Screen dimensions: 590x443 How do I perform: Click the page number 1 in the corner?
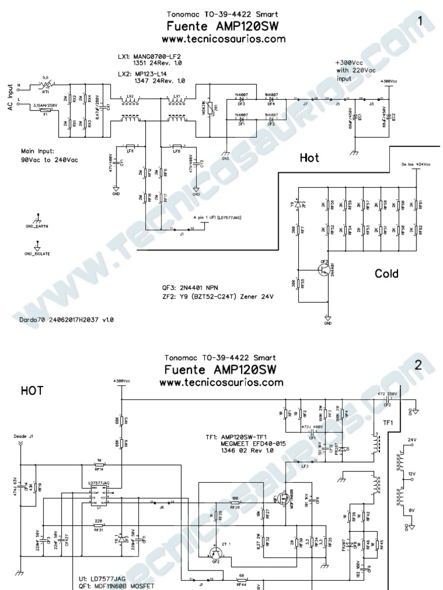tap(422, 22)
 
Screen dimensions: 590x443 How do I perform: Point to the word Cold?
tap(386, 273)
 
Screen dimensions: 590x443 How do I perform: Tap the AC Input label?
tap(10, 100)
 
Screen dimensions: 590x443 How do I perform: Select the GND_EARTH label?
tap(36, 226)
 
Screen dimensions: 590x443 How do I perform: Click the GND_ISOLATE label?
tap(37, 254)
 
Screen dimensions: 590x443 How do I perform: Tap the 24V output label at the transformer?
tap(411, 440)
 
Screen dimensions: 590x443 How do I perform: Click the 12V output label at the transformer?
tap(411, 474)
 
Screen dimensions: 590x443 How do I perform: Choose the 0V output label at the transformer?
tap(411, 510)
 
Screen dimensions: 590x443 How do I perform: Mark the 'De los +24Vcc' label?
tap(415, 165)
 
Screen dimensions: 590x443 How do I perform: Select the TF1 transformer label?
tap(388, 422)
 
